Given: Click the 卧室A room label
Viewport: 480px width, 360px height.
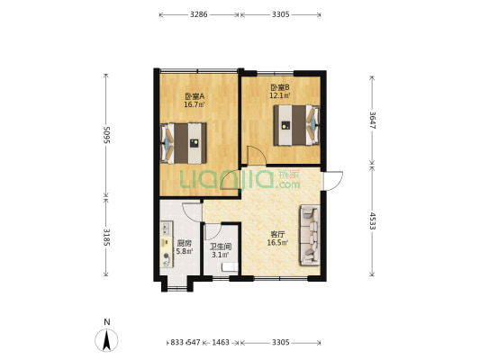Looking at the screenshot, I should pyautogui.click(x=195, y=96).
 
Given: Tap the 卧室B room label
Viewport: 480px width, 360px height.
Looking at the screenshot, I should pyautogui.click(x=279, y=87).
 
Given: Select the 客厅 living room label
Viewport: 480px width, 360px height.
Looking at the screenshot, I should pyautogui.click(x=276, y=234).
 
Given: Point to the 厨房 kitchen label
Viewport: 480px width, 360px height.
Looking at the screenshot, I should pyautogui.click(x=184, y=243).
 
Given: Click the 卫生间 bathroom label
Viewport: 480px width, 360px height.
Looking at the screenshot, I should pyautogui.click(x=222, y=246).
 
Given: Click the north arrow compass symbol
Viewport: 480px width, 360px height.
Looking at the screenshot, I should pyautogui.click(x=107, y=339).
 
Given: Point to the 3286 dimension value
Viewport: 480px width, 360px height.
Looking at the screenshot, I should pyautogui.click(x=199, y=15).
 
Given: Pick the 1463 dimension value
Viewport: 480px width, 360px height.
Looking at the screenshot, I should pyautogui.click(x=222, y=343).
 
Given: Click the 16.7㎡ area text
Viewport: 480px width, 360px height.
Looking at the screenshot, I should pyautogui.click(x=195, y=104).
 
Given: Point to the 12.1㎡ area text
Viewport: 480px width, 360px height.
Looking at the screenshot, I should pyautogui.click(x=279, y=95).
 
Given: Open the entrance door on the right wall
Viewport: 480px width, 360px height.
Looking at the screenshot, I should pyautogui.click(x=331, y=180).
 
